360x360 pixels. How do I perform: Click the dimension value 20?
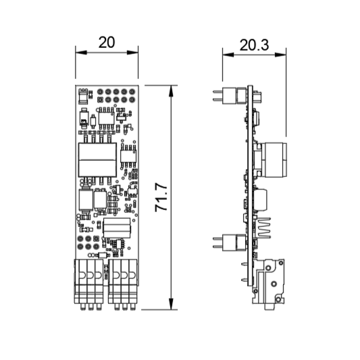click(107, 43)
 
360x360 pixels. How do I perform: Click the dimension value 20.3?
click(254, 45)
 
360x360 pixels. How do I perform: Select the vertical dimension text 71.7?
click(161, 197)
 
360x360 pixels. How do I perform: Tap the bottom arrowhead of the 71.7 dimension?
click(171, 304)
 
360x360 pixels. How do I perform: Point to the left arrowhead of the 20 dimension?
click(81, 53)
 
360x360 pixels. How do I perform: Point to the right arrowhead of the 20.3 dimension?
click(280, 55)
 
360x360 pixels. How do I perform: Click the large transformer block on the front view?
click(97, 160)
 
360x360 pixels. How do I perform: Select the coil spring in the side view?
click(264, 228)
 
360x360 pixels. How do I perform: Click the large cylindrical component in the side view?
click(274, 160)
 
